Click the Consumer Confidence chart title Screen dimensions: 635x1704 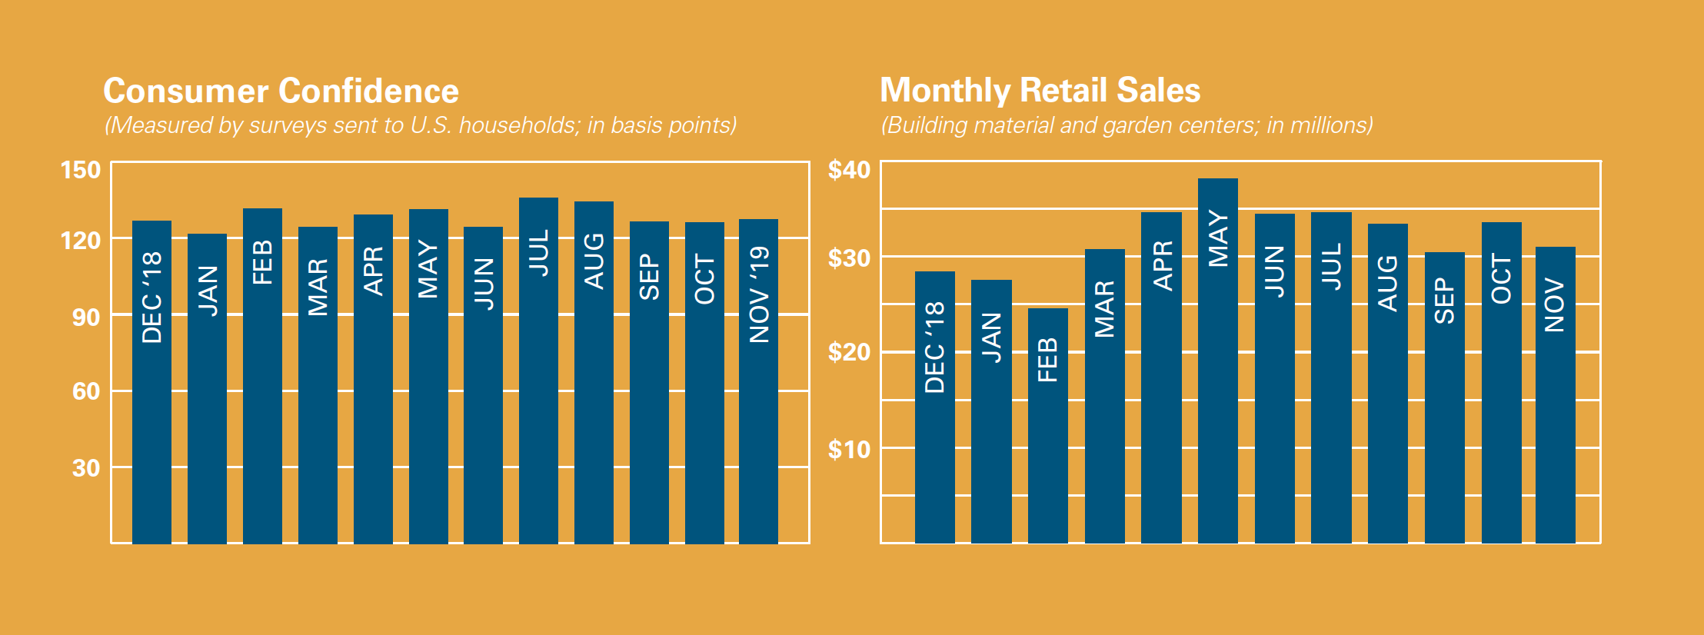(281, 91)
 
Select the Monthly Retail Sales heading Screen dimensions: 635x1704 (1040, 90)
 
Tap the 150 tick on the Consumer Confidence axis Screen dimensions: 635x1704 (81, 170)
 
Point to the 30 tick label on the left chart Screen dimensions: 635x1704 (86, 467)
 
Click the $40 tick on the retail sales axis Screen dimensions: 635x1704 (849, 170)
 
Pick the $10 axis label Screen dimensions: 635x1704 (849, 449)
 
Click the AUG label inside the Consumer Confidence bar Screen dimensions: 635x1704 (594, 261)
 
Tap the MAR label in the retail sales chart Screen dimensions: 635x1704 (1104, 308)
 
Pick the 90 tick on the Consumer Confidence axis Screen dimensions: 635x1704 (86, 317)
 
